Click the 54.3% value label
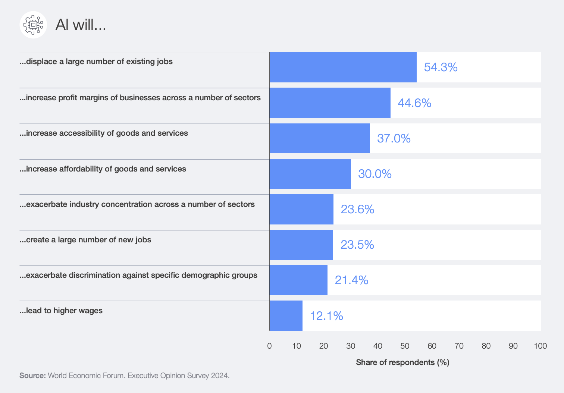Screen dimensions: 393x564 tap(441, 67)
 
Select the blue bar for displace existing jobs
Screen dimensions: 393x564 tap(343, 67)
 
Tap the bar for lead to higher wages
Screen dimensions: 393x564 tap(286, 316)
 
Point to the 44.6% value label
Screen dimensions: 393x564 tap(414, 103)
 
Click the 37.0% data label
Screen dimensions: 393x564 tap(394, 138)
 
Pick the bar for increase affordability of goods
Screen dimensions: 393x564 tap(310, 174)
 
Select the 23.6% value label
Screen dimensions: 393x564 tap(357, 209)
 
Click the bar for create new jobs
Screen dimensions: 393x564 tap(301, 245)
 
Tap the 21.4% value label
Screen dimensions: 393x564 tap(351, 280)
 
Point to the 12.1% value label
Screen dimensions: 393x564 tap(326, 316)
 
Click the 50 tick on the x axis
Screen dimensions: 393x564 tap(405, 346)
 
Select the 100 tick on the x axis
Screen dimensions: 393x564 tap(540, 346)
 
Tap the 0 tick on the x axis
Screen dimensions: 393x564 tap(269, 346)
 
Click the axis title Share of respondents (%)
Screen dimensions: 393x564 tap(402, 362)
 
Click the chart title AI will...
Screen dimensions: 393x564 tap(81, 25)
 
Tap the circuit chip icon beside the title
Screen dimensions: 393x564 tap(33, 25)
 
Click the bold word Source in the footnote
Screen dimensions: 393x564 tap(32, 375)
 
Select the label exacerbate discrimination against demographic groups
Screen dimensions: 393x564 tap(138, 275)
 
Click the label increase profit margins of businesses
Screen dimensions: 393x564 tap(140, 98)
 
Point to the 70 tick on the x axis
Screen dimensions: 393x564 tap(459, 346)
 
